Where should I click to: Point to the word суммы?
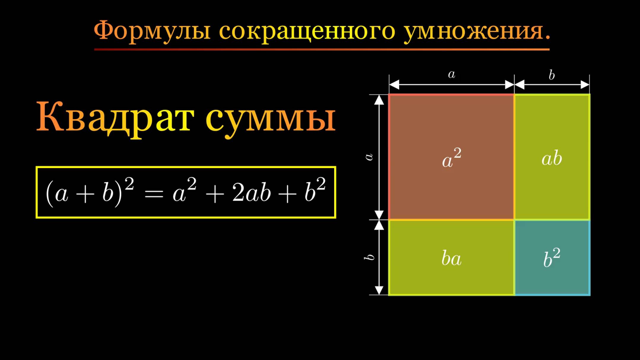click(x=270, y=119)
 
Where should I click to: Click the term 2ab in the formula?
click(x=251, y=193)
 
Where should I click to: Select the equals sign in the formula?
click(x=153, y=194)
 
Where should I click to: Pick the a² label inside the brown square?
click(x=451, y=158)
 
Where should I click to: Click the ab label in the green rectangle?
click(x=552, y=158)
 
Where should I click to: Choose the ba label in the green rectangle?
click(x=451, y=258)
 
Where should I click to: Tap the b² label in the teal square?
click(x=552, y=258)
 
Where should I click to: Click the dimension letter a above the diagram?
click(x=452, y=74)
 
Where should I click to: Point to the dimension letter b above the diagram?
click(x=552, y=75)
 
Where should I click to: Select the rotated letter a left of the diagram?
click(x=369, y=157)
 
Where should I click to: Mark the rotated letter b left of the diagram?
click(x=369, y=257)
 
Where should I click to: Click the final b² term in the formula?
click(x=315, y=191)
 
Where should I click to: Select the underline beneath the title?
click(x=322, y=49)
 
